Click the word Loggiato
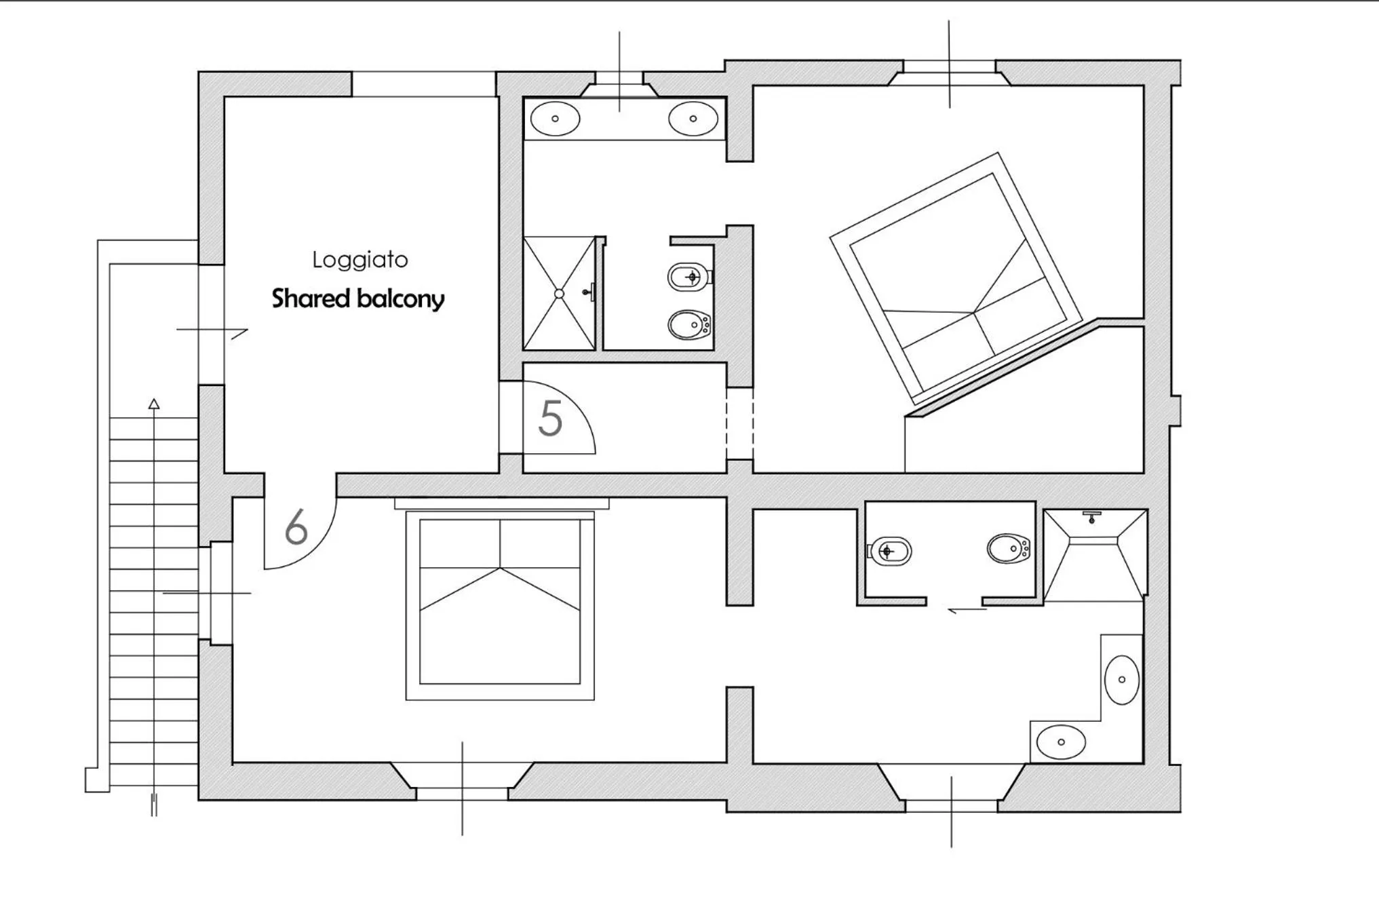tap(360, 260)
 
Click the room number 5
tap(550, 419)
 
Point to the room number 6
tap(296, 526)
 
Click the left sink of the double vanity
tap(555, 119)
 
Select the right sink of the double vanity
tap(693, 119)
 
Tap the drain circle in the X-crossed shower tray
tap(559, 294)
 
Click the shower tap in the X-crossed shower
tap(589, 292)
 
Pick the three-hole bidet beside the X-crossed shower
tap(689, 325)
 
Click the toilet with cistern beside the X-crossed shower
tap(689, 277)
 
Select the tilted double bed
tap(955, 278)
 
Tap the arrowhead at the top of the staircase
tap(154, 404)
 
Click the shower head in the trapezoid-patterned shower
tap(1091, 517)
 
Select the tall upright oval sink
tap(1122, 680)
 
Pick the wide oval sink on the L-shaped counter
tap(1061, 742)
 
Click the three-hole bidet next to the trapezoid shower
tap(1009, 549)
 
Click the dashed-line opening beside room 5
tap(739, 423)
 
